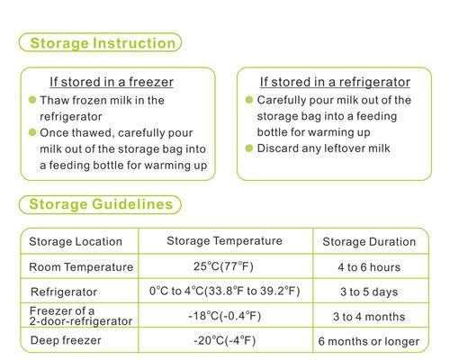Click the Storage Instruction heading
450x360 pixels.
pos(103,43)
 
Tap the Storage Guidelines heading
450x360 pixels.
pos(101,204)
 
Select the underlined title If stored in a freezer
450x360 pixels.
pos(112,82)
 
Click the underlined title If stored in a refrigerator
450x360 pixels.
pos(335,82)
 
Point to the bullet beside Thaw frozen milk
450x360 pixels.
pos(32,100)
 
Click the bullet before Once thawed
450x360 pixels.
pos(32,132)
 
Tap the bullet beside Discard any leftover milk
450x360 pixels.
pos(249,148)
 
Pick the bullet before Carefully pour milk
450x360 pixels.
pos(249,99)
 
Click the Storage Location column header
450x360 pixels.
pos(76,241)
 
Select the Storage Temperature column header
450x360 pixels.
pos(224,241)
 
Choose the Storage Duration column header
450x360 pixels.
pos(369,242)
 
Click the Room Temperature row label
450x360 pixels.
pos(81,267)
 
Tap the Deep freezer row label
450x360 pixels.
pos(66,340)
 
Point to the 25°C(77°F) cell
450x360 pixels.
pos(223,266)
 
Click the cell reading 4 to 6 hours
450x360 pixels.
pos(369,267)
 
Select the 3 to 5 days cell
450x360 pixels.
pos(369,292)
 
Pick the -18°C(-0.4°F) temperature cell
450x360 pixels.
pos(225,316)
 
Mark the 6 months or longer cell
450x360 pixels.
pos(369,341)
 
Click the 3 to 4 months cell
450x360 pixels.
pos(369,317)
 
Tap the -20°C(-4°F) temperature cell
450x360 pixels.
pos(225,341)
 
